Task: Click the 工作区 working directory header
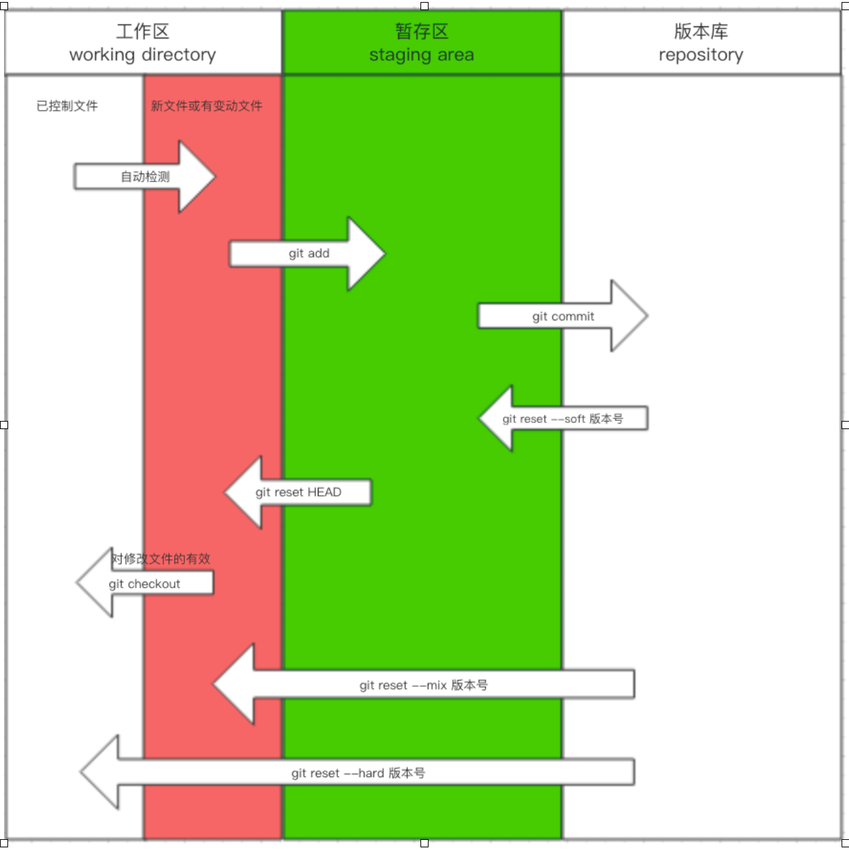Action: click(142, 42)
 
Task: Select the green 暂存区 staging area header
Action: click(422, 42)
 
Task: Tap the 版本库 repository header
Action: click(701, 42)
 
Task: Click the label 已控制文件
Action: click(67, 106)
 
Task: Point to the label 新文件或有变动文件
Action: click(207, 106)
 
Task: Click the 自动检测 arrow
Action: click(144, 177)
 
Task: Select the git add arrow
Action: click(308, 254)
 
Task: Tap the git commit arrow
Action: click(563, 316)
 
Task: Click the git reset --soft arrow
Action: click(563, 419)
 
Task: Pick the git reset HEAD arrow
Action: click(298, 492)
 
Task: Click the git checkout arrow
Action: click(144, 584)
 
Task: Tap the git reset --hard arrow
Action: click(358, 773)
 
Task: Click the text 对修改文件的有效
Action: click(161, 559)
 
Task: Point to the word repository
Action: click(701, 55)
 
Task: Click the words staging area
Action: click(422, 55)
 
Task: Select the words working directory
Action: click(142, 55)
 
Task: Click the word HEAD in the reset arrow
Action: click(325, 492)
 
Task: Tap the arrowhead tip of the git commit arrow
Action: click(645, 316)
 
